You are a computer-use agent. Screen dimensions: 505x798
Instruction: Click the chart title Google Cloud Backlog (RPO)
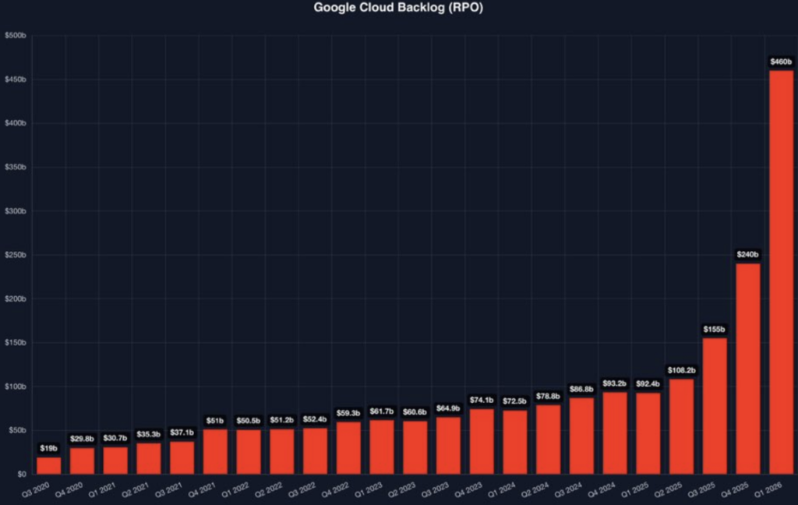pos(398,9)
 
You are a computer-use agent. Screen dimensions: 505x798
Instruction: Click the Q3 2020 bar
pos(49,465)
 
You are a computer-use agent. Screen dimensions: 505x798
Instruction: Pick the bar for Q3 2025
pos(715,405)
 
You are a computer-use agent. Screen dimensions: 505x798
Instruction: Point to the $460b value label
pos(781,61)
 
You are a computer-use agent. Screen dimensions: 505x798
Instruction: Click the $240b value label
pos(748,254)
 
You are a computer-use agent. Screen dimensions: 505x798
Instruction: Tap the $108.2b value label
pos(681,369)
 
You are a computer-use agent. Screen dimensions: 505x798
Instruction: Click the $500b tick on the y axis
pos(16,36)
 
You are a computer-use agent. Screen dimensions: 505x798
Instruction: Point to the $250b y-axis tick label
pos(16,255)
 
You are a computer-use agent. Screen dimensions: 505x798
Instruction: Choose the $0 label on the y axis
pos(21,474)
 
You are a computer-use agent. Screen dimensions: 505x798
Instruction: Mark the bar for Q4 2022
pos(348,447)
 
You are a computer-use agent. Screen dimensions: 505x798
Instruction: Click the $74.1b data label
pos(482,400)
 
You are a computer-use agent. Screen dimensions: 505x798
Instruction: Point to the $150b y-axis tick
pos(16,343)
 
